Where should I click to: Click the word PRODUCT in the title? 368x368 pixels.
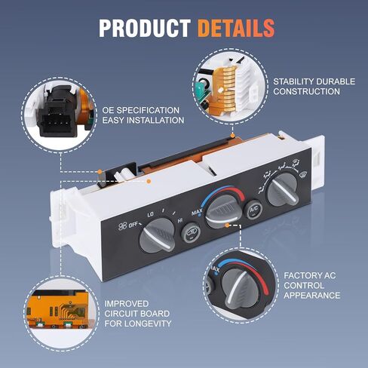click(x=145, y=28)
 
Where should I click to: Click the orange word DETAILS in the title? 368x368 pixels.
click(x=236, y=28)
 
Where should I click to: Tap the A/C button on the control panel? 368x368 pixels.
click(x=254, y=209)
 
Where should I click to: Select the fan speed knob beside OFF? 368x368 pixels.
click(x=157, y=235)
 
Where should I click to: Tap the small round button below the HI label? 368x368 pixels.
click(x=191, y=232)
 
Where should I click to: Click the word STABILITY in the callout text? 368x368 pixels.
click(x=292, y=81)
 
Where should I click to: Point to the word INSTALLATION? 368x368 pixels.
click(x=155, y=120)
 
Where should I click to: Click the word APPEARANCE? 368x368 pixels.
click(x=312, y=295)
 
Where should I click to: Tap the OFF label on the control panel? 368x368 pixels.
click(x=134, y=225)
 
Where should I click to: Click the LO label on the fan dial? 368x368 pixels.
click(x=150, y=214)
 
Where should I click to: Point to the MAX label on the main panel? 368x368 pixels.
click(x=197, y=213)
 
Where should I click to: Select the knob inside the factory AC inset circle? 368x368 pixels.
click(x=241, y=289)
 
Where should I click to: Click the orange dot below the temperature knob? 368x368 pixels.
click(x=227, y=225)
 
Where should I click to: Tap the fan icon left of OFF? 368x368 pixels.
click(x=122, y=227)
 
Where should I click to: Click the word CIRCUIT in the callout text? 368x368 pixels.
click(x=121, y=314)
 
